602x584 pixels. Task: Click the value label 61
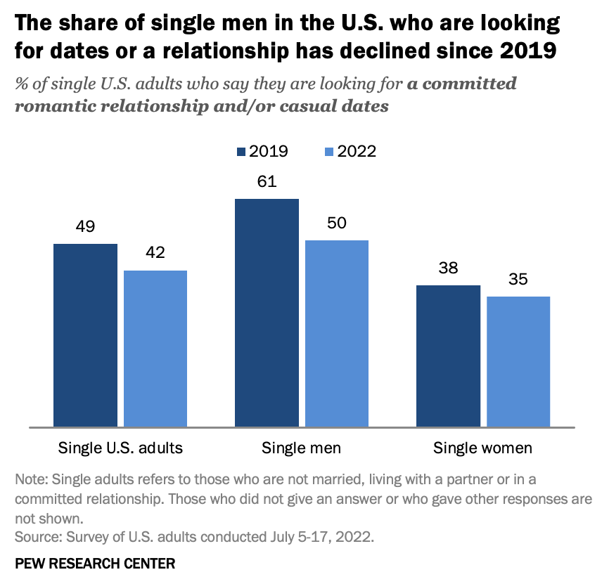(267, 181)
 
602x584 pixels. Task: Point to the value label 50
(336, 223)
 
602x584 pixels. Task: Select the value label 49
(85, 226)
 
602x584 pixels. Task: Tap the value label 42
(155, 253)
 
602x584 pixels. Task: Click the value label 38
(448, 268)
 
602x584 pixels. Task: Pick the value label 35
(518, 279)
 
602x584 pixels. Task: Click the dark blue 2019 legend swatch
(241, 152)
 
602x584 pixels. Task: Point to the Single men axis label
(301, 448)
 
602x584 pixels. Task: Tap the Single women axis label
(482, 448)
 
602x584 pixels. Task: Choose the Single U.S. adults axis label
(120, 448)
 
